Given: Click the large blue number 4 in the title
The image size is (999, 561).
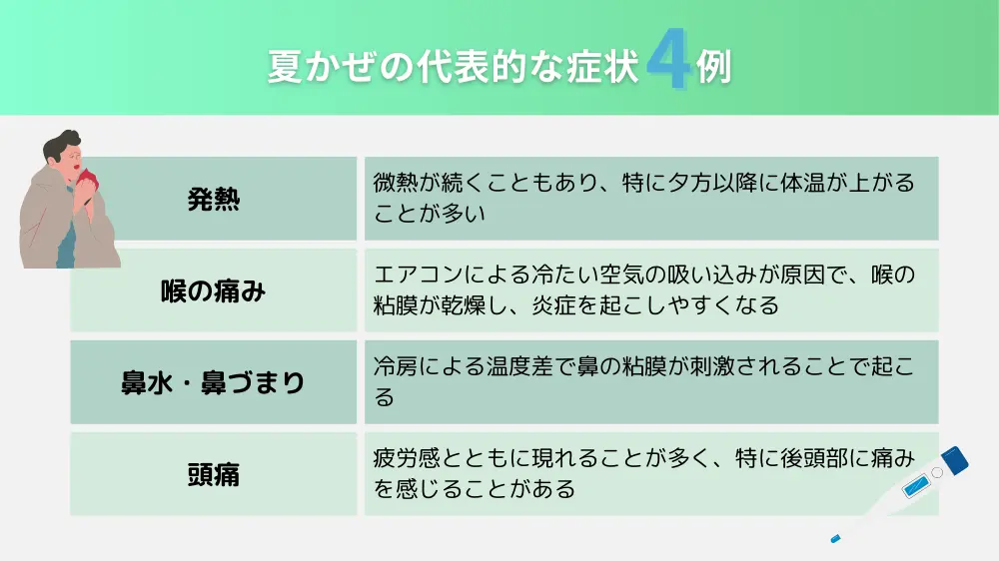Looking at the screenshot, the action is [668, 59].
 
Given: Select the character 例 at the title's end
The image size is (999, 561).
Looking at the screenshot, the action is [713, 66].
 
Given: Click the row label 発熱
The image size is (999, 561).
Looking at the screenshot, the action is [214, 200].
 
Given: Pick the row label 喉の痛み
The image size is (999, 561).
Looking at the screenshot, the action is [213, 291].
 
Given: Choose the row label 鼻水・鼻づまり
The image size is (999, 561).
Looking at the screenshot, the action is [213, 382].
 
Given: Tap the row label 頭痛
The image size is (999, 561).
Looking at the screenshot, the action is [214, 474].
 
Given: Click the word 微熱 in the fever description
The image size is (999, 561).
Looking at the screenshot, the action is [396, 183].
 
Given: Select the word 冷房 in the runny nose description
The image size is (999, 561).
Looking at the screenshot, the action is [396, 366].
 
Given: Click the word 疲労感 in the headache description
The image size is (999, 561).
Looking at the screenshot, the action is [407, 458].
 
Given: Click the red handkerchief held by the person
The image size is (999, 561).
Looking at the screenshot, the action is [87, 181].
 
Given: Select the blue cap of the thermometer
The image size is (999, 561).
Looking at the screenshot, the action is [954, 460].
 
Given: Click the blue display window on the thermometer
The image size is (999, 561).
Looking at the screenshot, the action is [916, 486].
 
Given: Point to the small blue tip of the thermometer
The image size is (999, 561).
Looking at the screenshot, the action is [835, 539].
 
